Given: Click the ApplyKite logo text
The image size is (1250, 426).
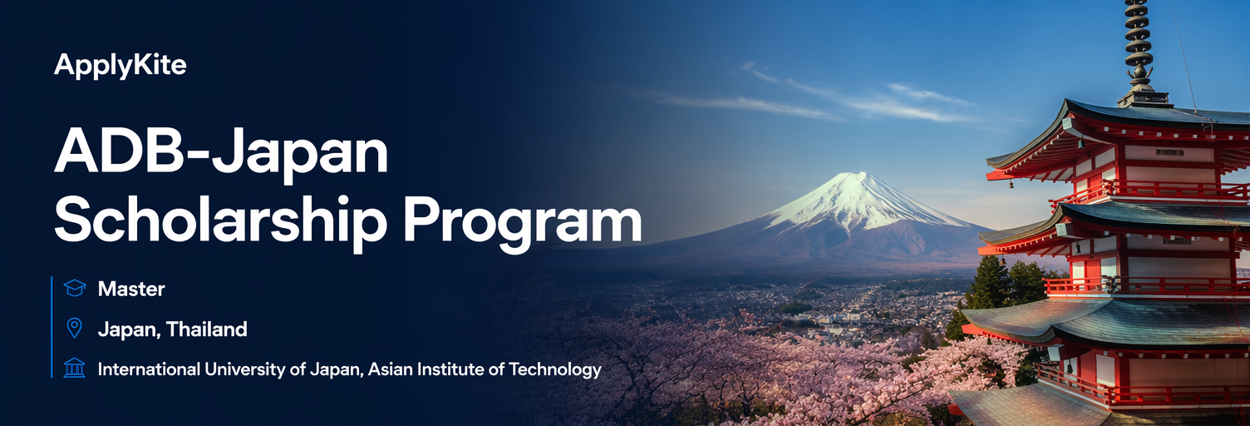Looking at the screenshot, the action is click(x=120, y=66).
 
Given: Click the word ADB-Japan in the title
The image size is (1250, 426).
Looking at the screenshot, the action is click(x=221, y=152).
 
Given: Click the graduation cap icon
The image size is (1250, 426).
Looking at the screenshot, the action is click(x=74, y=288).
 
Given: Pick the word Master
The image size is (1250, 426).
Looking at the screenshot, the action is click(x=131, y=290).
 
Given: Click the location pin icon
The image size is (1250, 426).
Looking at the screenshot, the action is click(x=74, y=329).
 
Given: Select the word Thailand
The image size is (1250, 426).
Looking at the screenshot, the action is click(x=206, y=329).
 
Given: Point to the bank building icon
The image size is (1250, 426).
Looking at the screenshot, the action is click(x=74, y=369).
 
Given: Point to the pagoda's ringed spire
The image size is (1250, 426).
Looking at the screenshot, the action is click(x=1139, y=45).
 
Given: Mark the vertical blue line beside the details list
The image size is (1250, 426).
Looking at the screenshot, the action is click(x=52, y=327).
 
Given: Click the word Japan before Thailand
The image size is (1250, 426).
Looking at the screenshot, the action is click(x=130, y=329).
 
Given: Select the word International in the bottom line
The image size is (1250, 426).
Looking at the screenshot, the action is click(x=149, y=369).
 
